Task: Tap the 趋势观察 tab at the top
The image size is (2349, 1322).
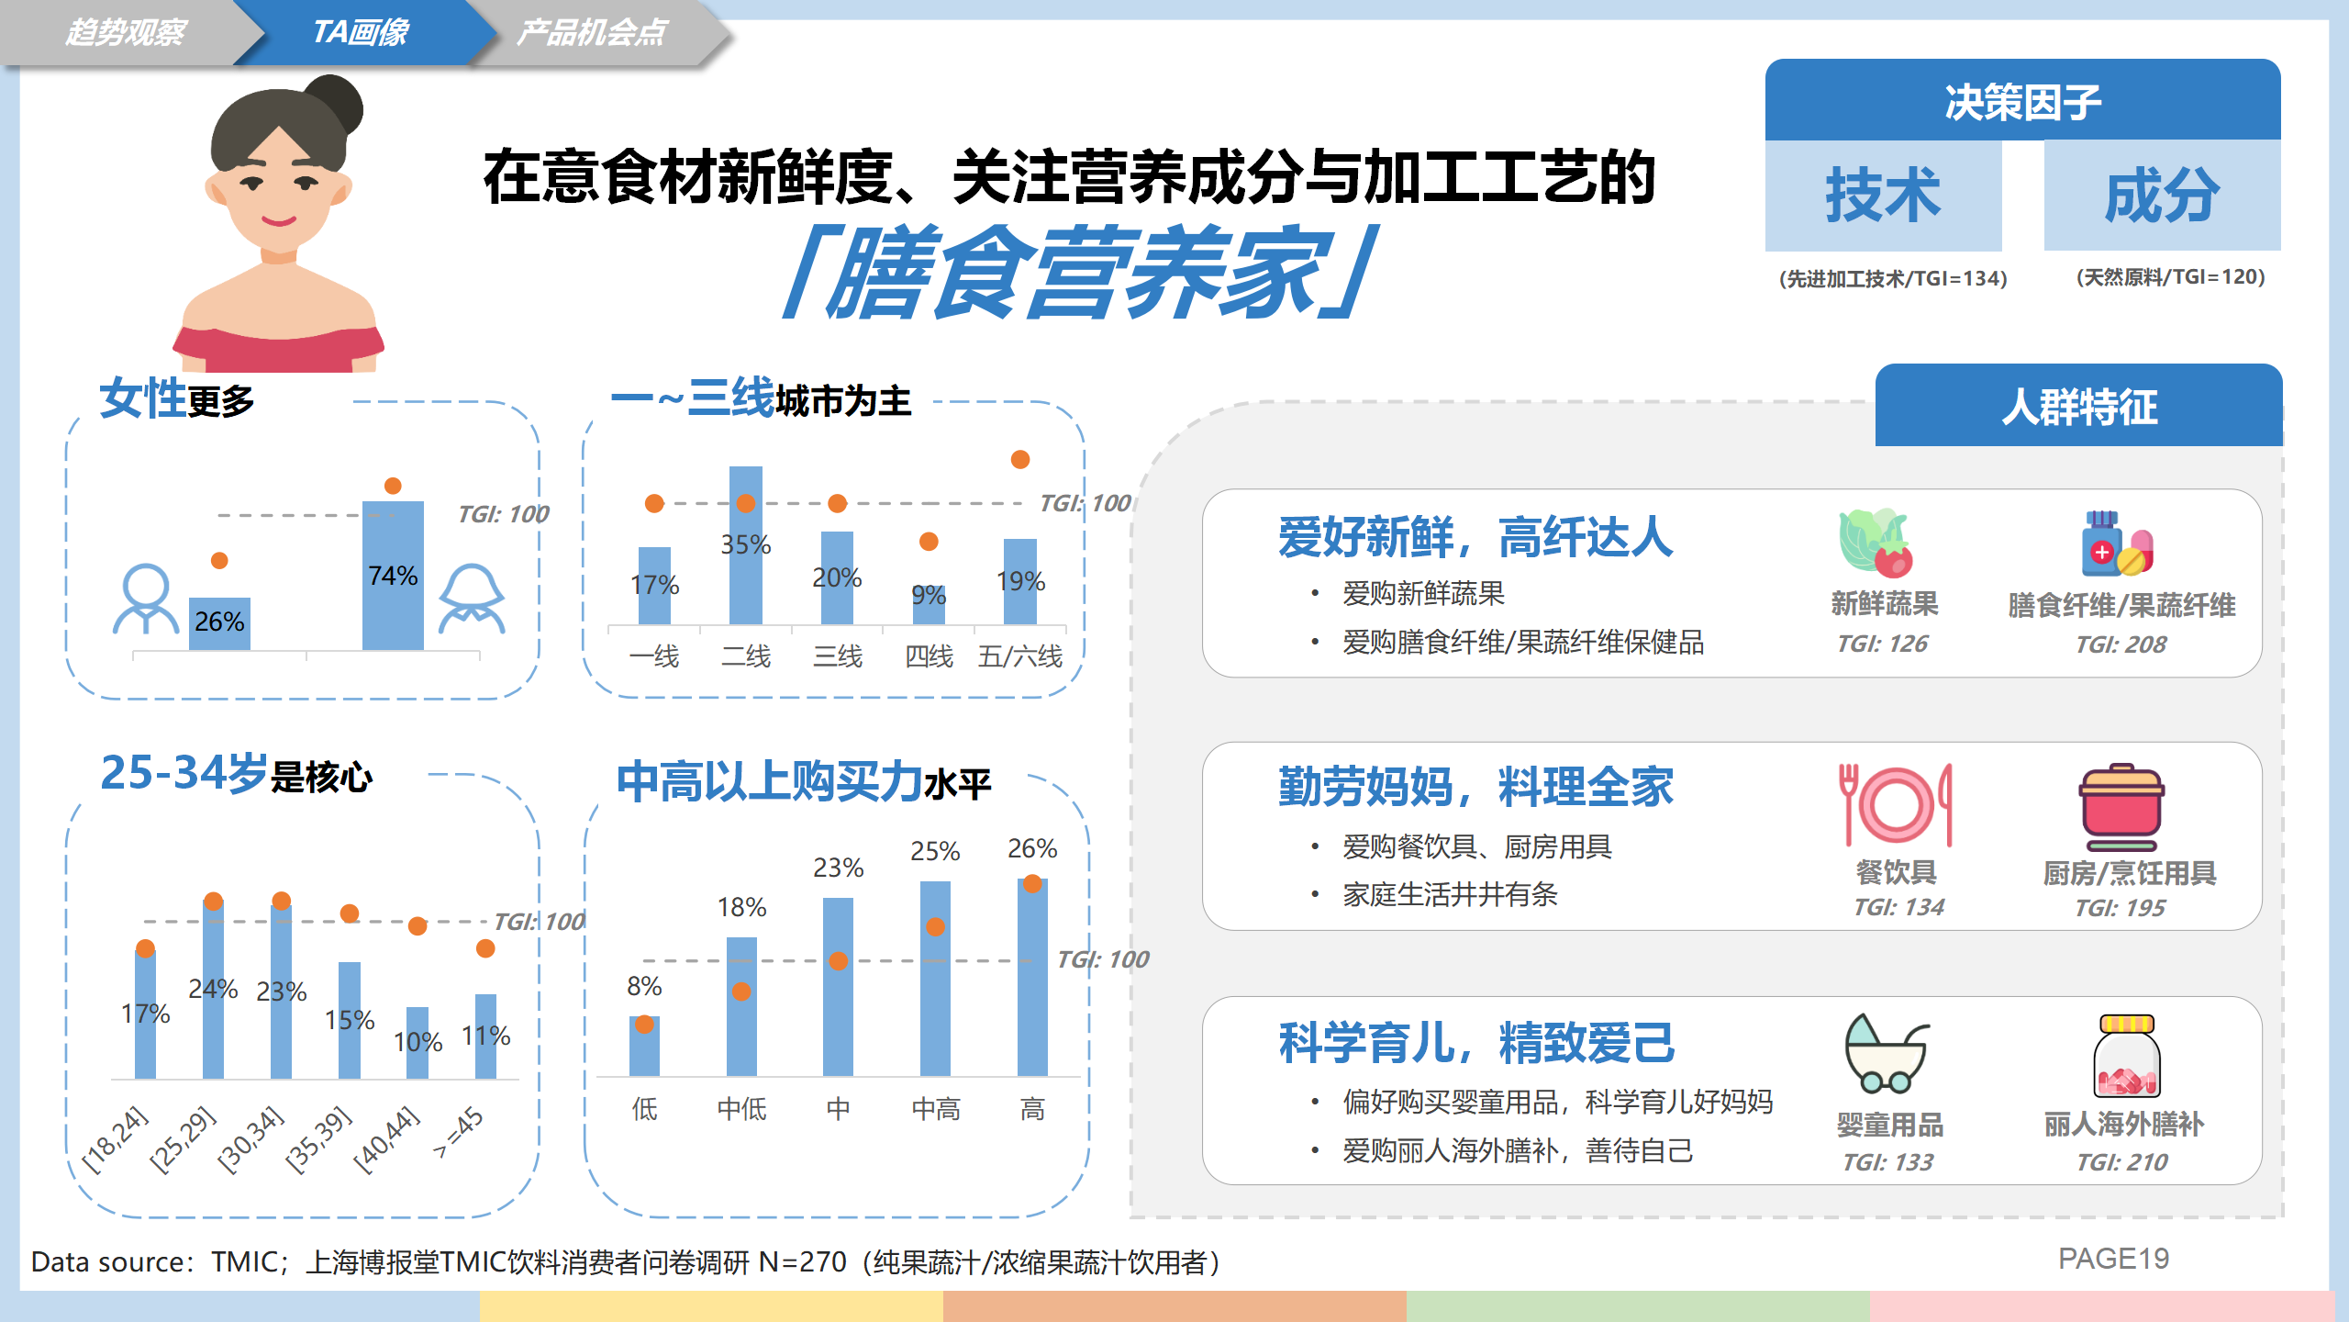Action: [x=126, y=32]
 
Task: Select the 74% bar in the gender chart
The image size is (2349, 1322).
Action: [x=393, y=576]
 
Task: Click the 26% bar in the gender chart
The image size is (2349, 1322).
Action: [x=219, y=624]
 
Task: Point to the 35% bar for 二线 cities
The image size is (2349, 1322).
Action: [x=746, y=545]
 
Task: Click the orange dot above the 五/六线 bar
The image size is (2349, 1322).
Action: [x=1020, y=459]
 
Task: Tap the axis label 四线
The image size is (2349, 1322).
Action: [x=929, y=656]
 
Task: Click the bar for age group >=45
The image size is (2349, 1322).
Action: [x=485, y=1036]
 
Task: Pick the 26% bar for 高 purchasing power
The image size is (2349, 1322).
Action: [x=1032, y=977]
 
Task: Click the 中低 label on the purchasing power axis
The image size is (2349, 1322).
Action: [x=741, y=1109]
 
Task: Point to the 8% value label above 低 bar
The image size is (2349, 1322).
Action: [x=644, y=986]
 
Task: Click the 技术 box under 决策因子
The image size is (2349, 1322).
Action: [x=1883, y=196]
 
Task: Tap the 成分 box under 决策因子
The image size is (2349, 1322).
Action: [x=2163, y=196]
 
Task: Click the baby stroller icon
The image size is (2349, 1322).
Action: [x=1887, y=1054]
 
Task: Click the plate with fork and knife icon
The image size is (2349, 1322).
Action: [x=1896, y=804]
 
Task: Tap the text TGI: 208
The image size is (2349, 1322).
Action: [x=2121, y=644]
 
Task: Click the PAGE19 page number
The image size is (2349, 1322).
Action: [x=2113, y=1259]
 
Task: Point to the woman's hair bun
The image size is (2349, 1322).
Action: [x=335, y=103]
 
